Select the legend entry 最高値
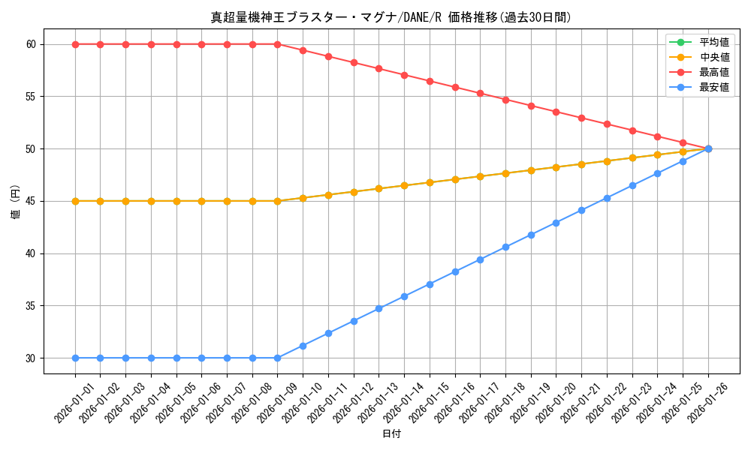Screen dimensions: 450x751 click(x=713, y=72)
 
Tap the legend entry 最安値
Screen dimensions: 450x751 click(x=713, y=87)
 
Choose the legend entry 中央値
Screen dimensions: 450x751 click(x=713, y=57)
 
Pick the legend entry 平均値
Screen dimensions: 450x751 click(x=713, y=42)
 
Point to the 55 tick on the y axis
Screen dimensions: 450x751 click(x=31, y=97)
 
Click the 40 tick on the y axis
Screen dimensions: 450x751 click(x=31, y=253)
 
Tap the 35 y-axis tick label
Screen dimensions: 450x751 click(x=31, y=306)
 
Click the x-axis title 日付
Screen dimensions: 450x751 click(x=391, y=434)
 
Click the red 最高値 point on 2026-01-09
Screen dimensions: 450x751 click(x=278, y=44)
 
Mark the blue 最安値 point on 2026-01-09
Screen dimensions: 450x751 click(x=278, y=358)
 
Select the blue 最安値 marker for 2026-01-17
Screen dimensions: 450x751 click(x=480, y=259)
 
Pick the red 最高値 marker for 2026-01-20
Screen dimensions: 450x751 click(x=556, y=112)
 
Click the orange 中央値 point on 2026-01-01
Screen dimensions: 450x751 click(x=75, y=201)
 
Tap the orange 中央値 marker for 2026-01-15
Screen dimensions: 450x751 click(x=430, y=182)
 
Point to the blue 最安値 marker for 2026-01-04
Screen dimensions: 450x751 click(x=151, y=358)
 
